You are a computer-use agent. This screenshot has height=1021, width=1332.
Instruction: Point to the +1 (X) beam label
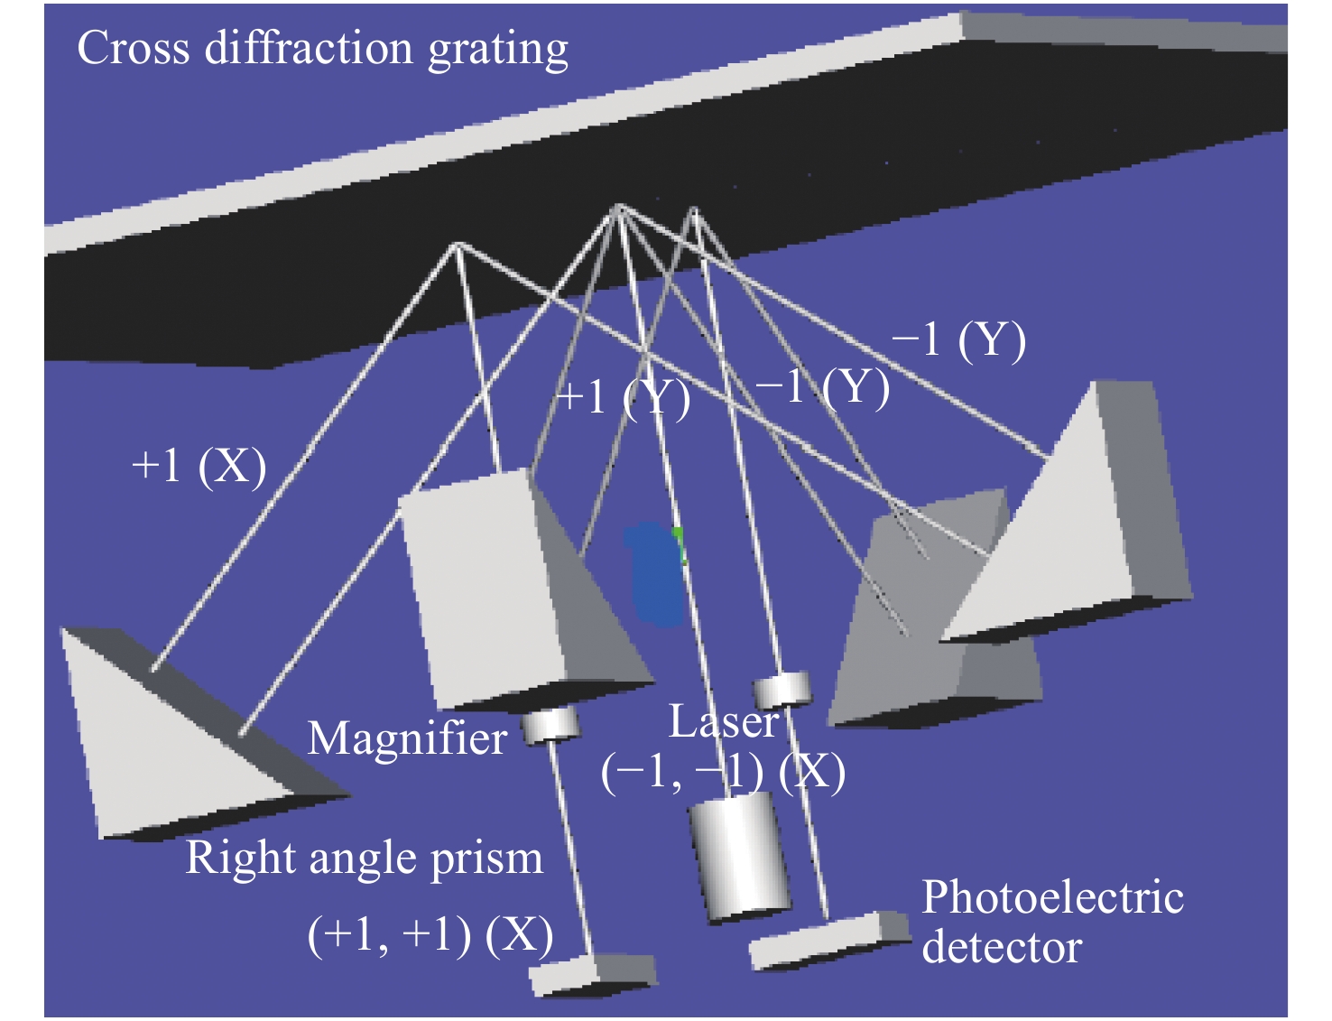(199, 467)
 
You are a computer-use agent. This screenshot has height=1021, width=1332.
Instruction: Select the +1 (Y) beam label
(624, 398)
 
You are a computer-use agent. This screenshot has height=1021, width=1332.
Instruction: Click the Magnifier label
(407, 738)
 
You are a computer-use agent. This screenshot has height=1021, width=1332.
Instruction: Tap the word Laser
(724, 722)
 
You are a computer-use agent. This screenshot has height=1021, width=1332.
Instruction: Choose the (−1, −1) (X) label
(723, 774)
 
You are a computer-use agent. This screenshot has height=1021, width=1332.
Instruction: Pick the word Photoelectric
(1052, 897)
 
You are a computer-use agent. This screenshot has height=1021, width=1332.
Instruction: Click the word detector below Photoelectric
(1002, 947)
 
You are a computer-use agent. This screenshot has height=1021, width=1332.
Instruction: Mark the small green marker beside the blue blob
(680, 544)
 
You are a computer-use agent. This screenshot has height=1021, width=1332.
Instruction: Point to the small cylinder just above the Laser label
(782, 691)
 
